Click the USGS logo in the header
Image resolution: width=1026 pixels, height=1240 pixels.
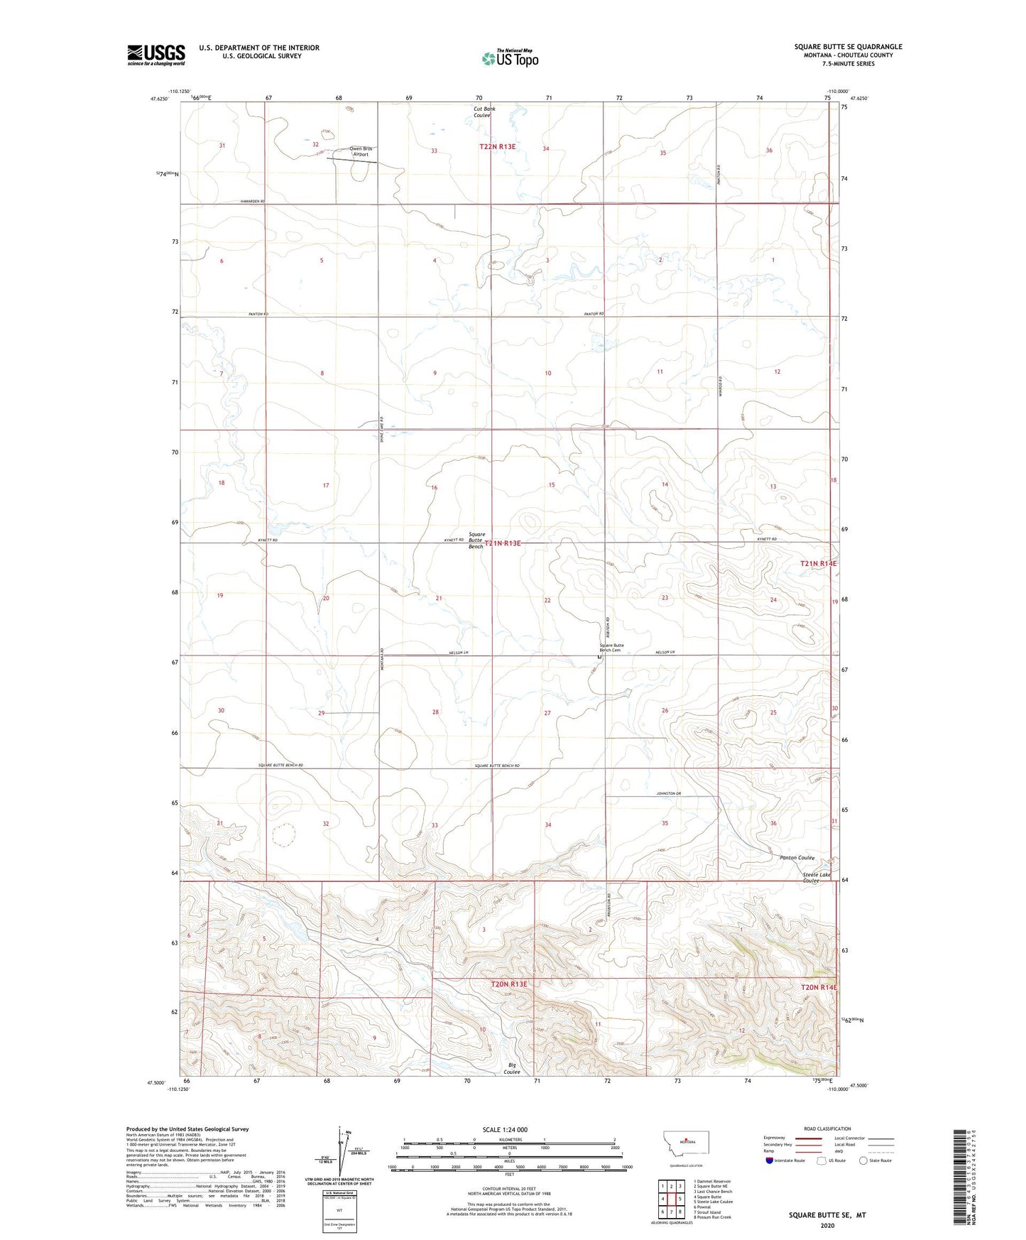(x=156, y=55)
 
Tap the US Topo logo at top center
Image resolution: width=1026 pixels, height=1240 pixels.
(x=510, y=58)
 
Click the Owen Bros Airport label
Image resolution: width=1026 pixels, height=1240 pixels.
(x=361, y=151)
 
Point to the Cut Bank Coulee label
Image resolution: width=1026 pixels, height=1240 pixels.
(x=484, y=112)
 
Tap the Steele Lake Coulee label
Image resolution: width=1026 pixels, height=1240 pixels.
(x=816, y=878)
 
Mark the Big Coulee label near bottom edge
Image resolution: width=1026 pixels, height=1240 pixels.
(x=513, y=1068)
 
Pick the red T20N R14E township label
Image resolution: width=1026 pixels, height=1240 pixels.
(x=819, y=987)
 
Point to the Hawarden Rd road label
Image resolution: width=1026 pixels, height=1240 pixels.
(x=252, y=202)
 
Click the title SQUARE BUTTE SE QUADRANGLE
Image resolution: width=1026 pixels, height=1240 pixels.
(x=848, y=47)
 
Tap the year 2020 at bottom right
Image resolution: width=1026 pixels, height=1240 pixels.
(x=827, y=1225)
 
